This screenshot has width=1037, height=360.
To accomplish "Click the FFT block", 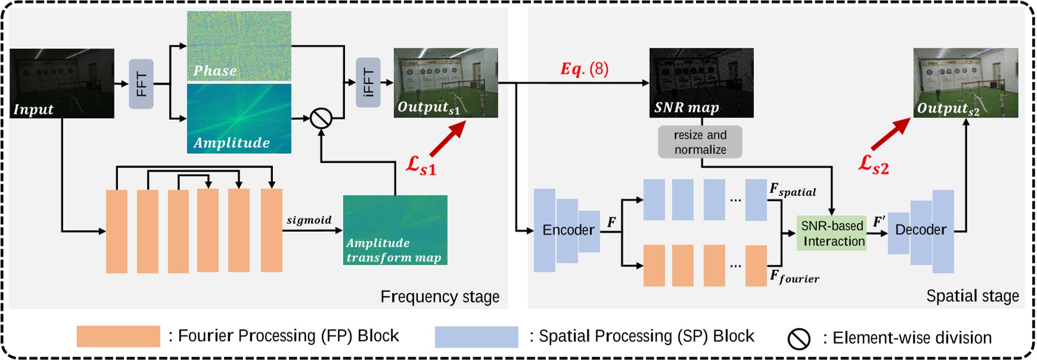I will [x=141, y=84].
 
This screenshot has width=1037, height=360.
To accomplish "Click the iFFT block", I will [x=368, y=83].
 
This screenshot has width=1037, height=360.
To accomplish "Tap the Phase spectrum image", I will [x=239, y=46].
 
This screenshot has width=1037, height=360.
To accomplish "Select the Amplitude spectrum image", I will [x=239, y=118].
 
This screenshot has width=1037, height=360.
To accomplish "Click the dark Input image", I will [x=62, y=83].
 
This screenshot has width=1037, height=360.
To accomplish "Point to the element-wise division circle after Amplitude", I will [x=321, y=118].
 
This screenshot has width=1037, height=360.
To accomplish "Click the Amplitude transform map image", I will [x=395, y=230].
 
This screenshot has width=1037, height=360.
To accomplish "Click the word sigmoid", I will [x=309, y=220].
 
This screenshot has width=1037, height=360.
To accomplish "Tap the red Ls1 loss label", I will [x=421, y=166].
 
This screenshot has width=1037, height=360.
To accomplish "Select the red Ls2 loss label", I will [x=873, y=164].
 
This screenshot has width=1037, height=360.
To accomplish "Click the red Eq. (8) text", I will [x=584, y=69].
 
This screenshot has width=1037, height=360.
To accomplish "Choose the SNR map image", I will [x=701, y=82].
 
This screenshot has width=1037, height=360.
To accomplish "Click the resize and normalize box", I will [x=700, y=142].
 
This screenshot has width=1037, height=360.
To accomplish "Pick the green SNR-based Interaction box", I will [x=831, y=233].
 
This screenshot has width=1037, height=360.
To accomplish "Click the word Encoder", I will [x=568, y=230].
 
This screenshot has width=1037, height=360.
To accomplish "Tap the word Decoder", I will [x=920, y=230].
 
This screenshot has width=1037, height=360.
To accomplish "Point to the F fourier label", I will [x=794, y=277].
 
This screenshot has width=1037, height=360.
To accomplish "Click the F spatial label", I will [x=792, y=190].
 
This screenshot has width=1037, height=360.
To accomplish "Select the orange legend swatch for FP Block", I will [x=118, y=336].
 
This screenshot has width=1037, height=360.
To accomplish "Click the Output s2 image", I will [x=965, y=82].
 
